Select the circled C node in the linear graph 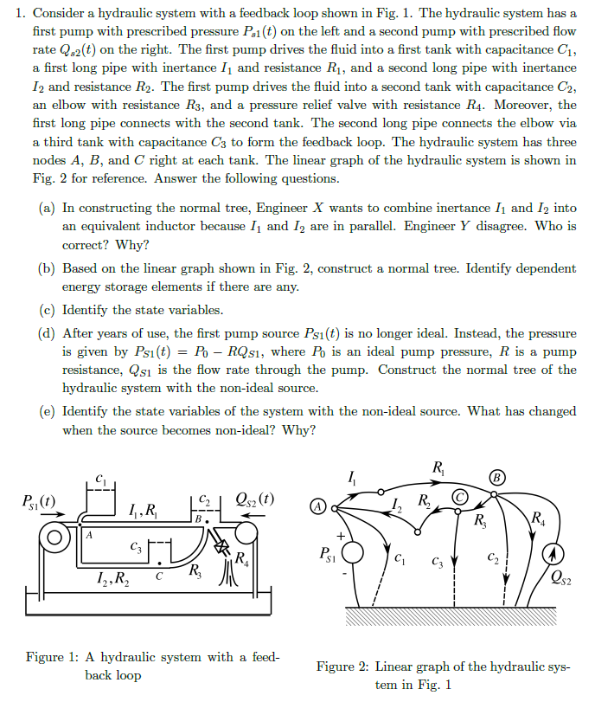click(460, 497)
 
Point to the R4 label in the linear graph click(539, 519)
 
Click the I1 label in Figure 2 click(350, 474)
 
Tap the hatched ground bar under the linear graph click(450, 616)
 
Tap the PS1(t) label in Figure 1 click(39, 499)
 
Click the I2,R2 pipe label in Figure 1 click(112, 579)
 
